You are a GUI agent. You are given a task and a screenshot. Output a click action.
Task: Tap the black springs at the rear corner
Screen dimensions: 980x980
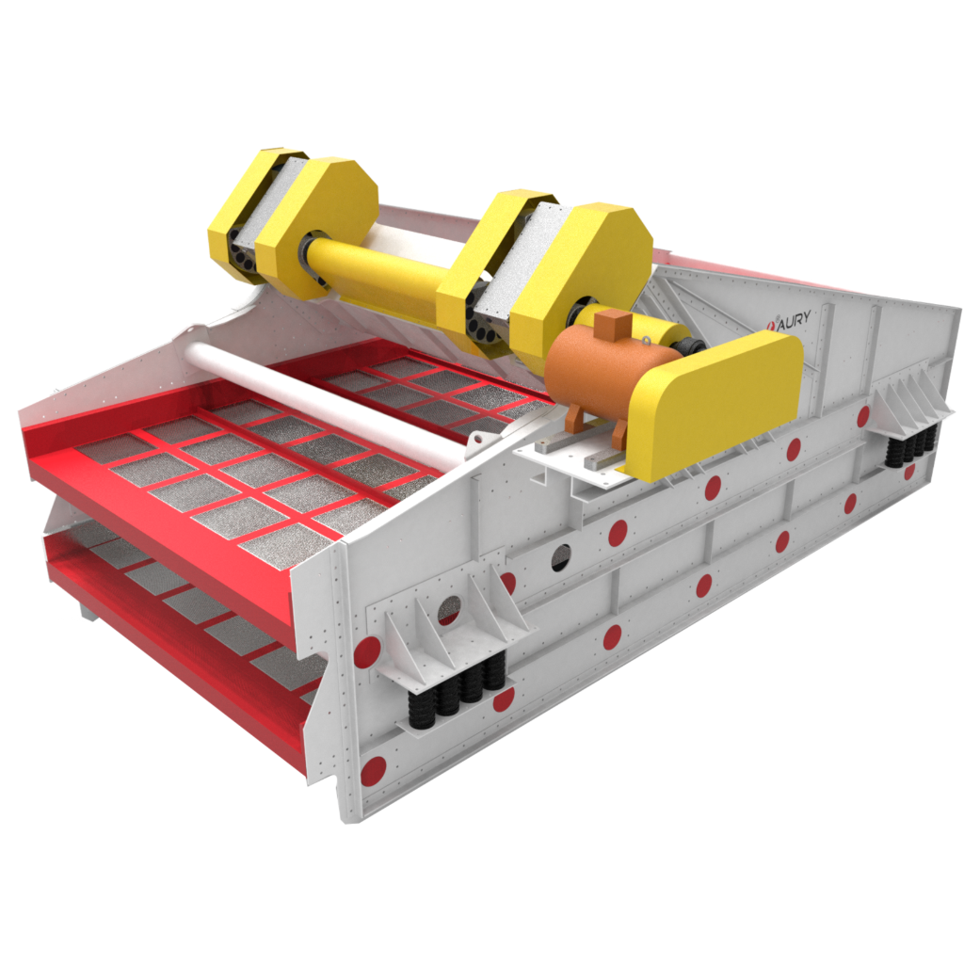(x=911, y=443)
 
